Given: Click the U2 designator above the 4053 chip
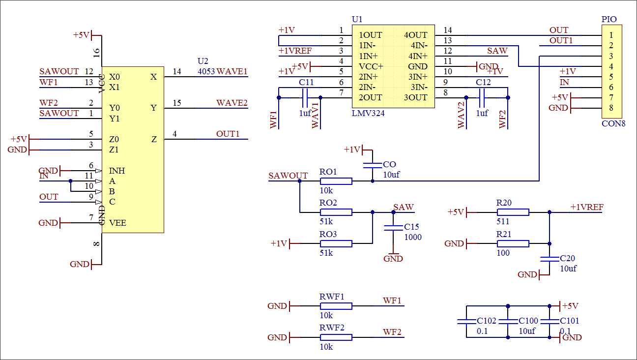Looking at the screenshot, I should pos(203,61).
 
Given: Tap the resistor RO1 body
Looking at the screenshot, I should pos(336,181).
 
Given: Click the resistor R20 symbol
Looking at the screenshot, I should pos(513,212).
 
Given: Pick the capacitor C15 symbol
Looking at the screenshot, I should pos(393,228).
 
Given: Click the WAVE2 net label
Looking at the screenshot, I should pos(232,103).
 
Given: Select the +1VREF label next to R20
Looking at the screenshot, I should pos(587,207).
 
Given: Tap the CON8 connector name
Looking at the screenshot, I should pos(613,123).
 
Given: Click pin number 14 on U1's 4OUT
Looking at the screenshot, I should pos(447,30).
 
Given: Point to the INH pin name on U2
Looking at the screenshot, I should pos(117,171).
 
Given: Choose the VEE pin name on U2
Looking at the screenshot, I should pos(118,223).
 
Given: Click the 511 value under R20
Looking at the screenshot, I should pos(503,222).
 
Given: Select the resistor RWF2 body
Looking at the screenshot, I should pos(336,337).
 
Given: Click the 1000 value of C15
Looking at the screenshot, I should pos(413,237).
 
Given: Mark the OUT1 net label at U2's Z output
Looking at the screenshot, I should pos(228,134).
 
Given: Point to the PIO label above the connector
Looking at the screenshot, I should pos(609,19).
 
